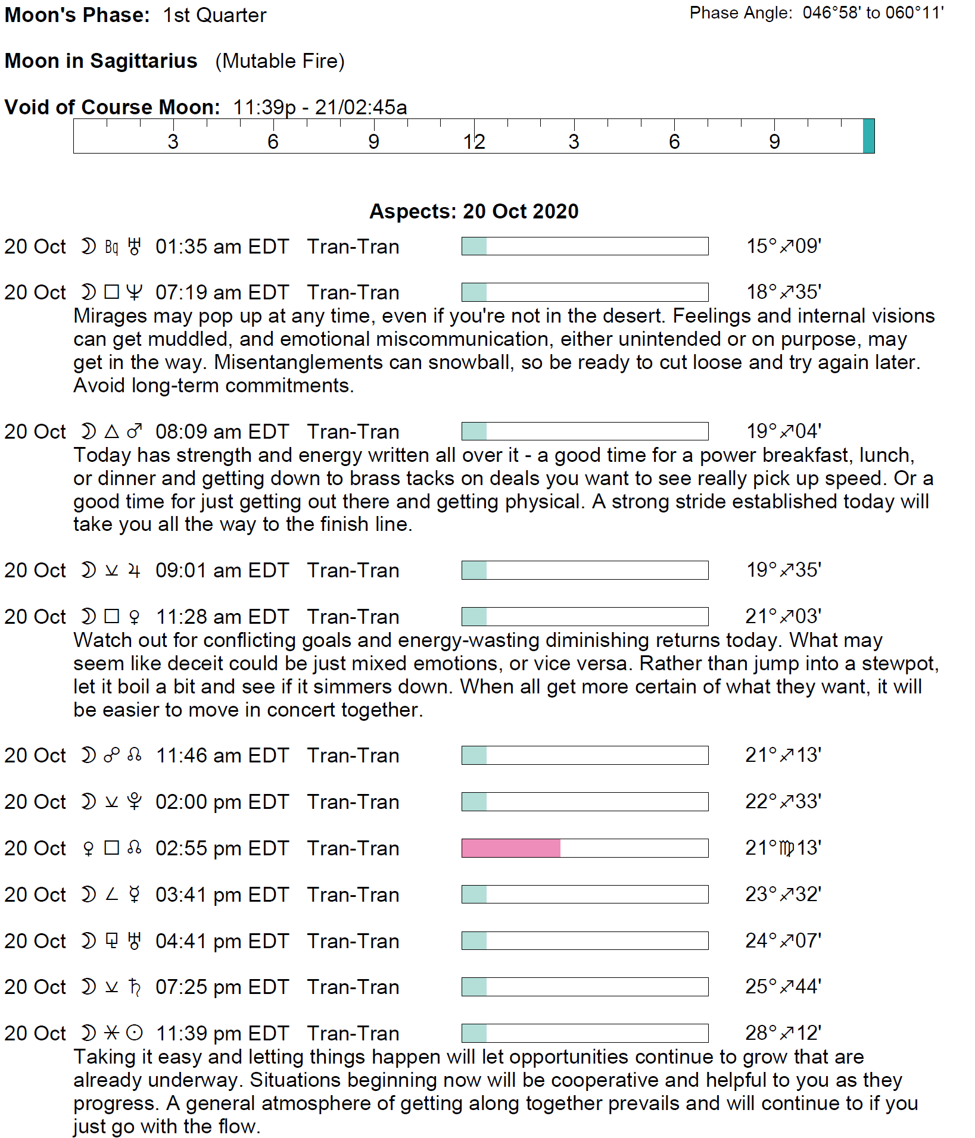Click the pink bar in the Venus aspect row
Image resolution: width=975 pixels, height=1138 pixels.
510,848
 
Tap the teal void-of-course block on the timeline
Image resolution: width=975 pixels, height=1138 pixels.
868,136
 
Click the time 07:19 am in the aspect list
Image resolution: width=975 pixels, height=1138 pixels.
192,292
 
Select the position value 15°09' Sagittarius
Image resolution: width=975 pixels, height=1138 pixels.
784,246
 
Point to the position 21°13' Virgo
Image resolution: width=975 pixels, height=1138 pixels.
783,848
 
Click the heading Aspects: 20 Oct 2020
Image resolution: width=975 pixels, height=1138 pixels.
474,211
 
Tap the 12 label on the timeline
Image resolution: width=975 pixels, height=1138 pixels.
474,142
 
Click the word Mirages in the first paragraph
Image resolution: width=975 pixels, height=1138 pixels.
107,315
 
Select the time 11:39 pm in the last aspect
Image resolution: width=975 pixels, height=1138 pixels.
192,1033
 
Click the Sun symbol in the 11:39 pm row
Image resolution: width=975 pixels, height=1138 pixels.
135,1033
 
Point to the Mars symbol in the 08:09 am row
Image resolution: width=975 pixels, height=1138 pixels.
135,431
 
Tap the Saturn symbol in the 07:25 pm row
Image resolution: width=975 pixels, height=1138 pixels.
135,987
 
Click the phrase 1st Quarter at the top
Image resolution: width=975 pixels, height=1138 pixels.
214,15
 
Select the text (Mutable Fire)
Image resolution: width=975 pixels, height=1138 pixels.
280,61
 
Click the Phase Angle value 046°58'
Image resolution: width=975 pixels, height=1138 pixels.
831,12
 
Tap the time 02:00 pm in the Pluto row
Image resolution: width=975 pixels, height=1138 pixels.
192,802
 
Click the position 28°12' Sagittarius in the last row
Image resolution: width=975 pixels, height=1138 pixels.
783,1033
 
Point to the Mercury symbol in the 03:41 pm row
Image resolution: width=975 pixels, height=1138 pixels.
135,894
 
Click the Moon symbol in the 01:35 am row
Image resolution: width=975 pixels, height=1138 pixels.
88,246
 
